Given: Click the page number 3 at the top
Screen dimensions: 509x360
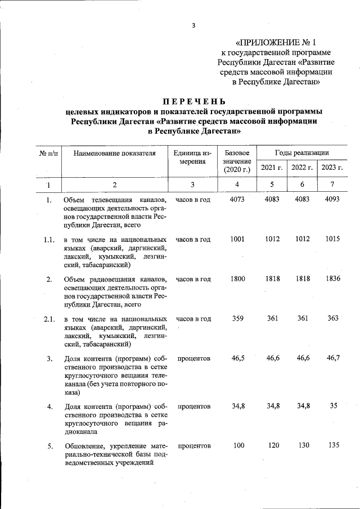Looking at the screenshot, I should click(193, 25).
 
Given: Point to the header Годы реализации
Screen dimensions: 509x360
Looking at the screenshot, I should click(302, 153).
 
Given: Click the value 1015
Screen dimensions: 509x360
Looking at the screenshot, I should click(332, 239).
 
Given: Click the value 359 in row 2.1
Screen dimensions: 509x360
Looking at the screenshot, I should click(238, 318).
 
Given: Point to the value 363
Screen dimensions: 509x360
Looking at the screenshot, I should click(333, 318).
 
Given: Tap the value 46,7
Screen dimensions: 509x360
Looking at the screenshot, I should click(333, 358).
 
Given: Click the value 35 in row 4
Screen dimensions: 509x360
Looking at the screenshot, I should click(333, 406).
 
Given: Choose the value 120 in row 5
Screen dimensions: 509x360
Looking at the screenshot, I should click(273, 446).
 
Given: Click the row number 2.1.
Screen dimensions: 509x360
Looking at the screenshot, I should click(49, 319).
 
